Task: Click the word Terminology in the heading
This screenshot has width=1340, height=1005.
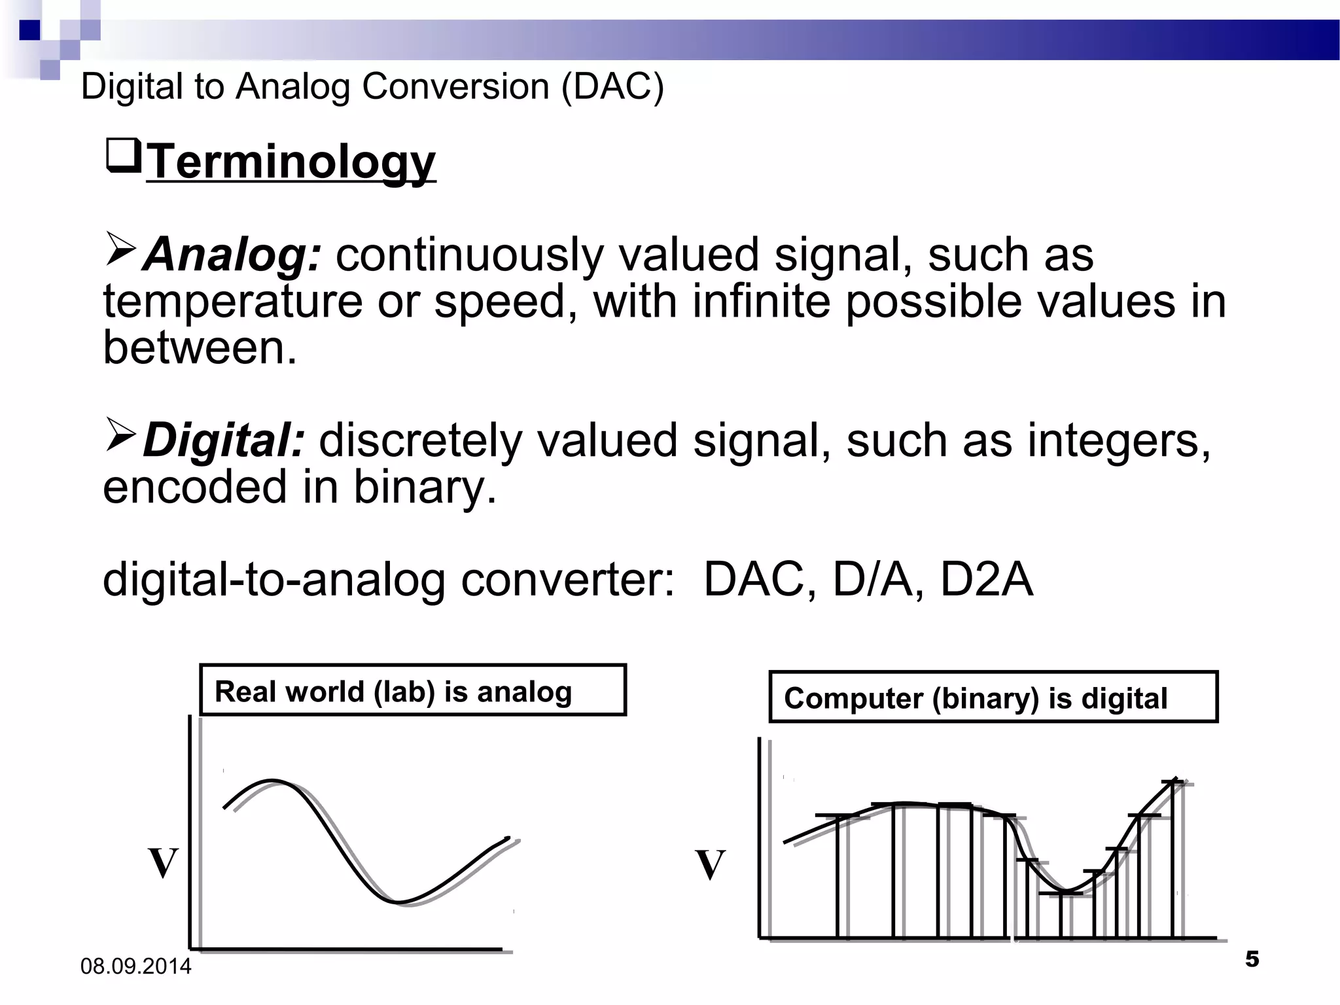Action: [291, 162]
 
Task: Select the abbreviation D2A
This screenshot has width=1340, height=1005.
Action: [987, 580]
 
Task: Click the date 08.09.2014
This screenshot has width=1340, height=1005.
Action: [136, 966]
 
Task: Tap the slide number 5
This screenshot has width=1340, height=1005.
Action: [1252, 959]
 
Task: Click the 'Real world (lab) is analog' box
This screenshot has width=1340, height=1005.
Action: [413, 690]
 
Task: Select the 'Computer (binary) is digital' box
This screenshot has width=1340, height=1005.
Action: [993, 697]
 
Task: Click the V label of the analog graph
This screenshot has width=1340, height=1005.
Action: [163, 863]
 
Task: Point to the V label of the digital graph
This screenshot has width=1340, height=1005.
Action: [710, 864]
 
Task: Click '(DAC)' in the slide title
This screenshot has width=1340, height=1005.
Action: [612, 87]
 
